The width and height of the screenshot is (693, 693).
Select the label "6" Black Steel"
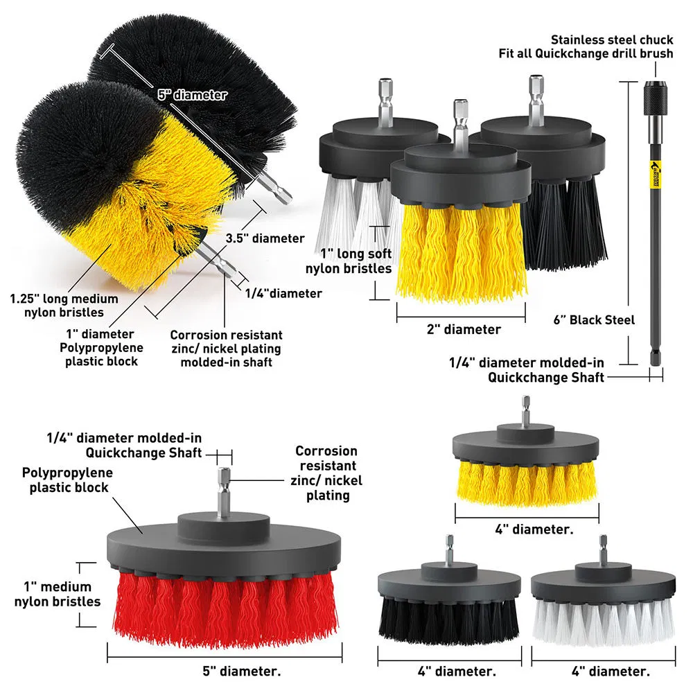point(595,320)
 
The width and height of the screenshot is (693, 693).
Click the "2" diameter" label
point(463,330)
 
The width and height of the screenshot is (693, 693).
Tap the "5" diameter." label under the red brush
point(227,671)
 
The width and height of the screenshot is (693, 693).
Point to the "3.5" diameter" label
point(265,238)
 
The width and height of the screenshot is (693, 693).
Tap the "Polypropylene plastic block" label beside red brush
point(67,480)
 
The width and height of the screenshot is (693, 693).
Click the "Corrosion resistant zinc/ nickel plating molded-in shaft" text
point(226,348)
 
